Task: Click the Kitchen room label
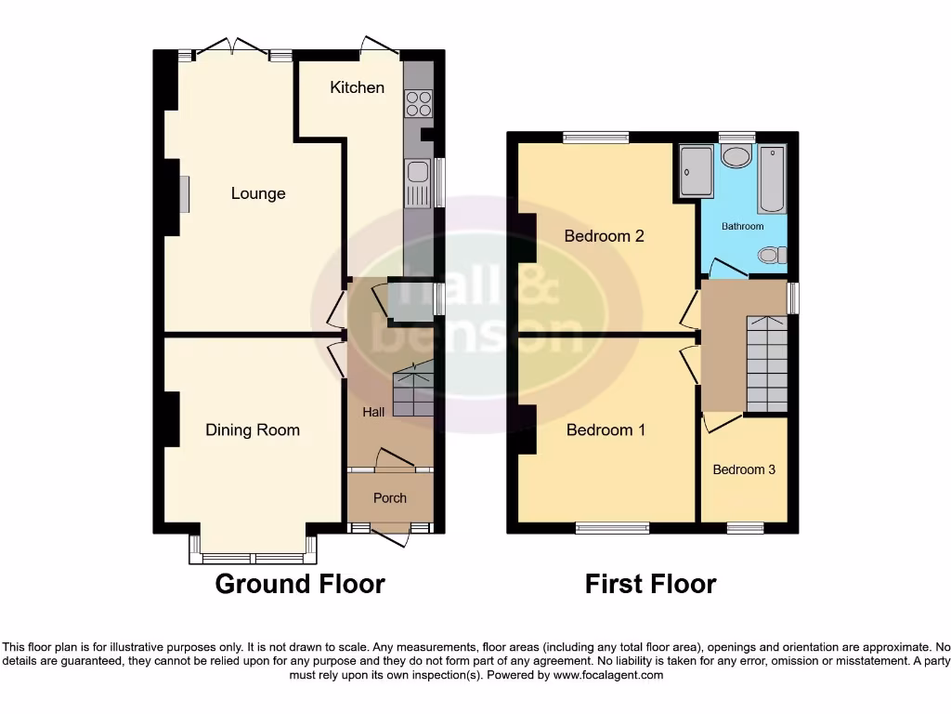point(357,87)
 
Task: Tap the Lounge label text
point(258,193)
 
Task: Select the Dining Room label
point(253,430)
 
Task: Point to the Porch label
point(390,498)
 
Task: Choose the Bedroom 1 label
point(606,430)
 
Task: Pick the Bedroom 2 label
point(605,236)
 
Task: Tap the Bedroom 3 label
point(744,469)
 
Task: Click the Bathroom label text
point(743,227)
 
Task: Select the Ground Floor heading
point(300,584)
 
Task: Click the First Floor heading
point(650,584)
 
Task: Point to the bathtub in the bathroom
point(772,178)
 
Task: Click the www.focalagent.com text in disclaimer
point(607,675)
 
